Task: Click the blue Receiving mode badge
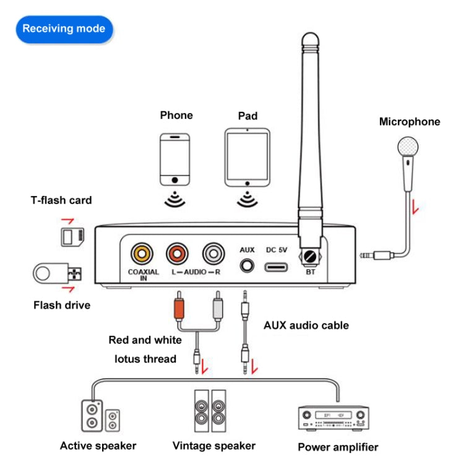pos(64,28)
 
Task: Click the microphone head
pos(408,147)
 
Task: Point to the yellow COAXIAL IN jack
pos(142,252)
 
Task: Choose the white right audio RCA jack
pos(213,252)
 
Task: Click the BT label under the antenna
pos(309,272)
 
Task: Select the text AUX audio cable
pos(306,325)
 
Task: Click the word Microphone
pos(410,122)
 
